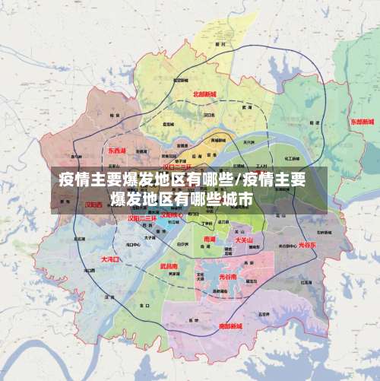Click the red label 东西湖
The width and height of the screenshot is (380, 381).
117,151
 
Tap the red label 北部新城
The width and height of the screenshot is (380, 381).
204,94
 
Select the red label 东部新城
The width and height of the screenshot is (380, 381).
363,122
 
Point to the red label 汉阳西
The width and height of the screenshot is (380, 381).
93,205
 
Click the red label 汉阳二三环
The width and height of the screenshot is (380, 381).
141,218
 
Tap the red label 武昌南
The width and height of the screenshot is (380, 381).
169,266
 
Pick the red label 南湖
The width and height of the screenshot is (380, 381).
210,239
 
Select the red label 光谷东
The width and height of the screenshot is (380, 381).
307,246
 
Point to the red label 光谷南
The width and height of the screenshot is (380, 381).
228,278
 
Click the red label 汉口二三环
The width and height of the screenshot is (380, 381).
178,166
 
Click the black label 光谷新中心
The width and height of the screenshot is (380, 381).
287,246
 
